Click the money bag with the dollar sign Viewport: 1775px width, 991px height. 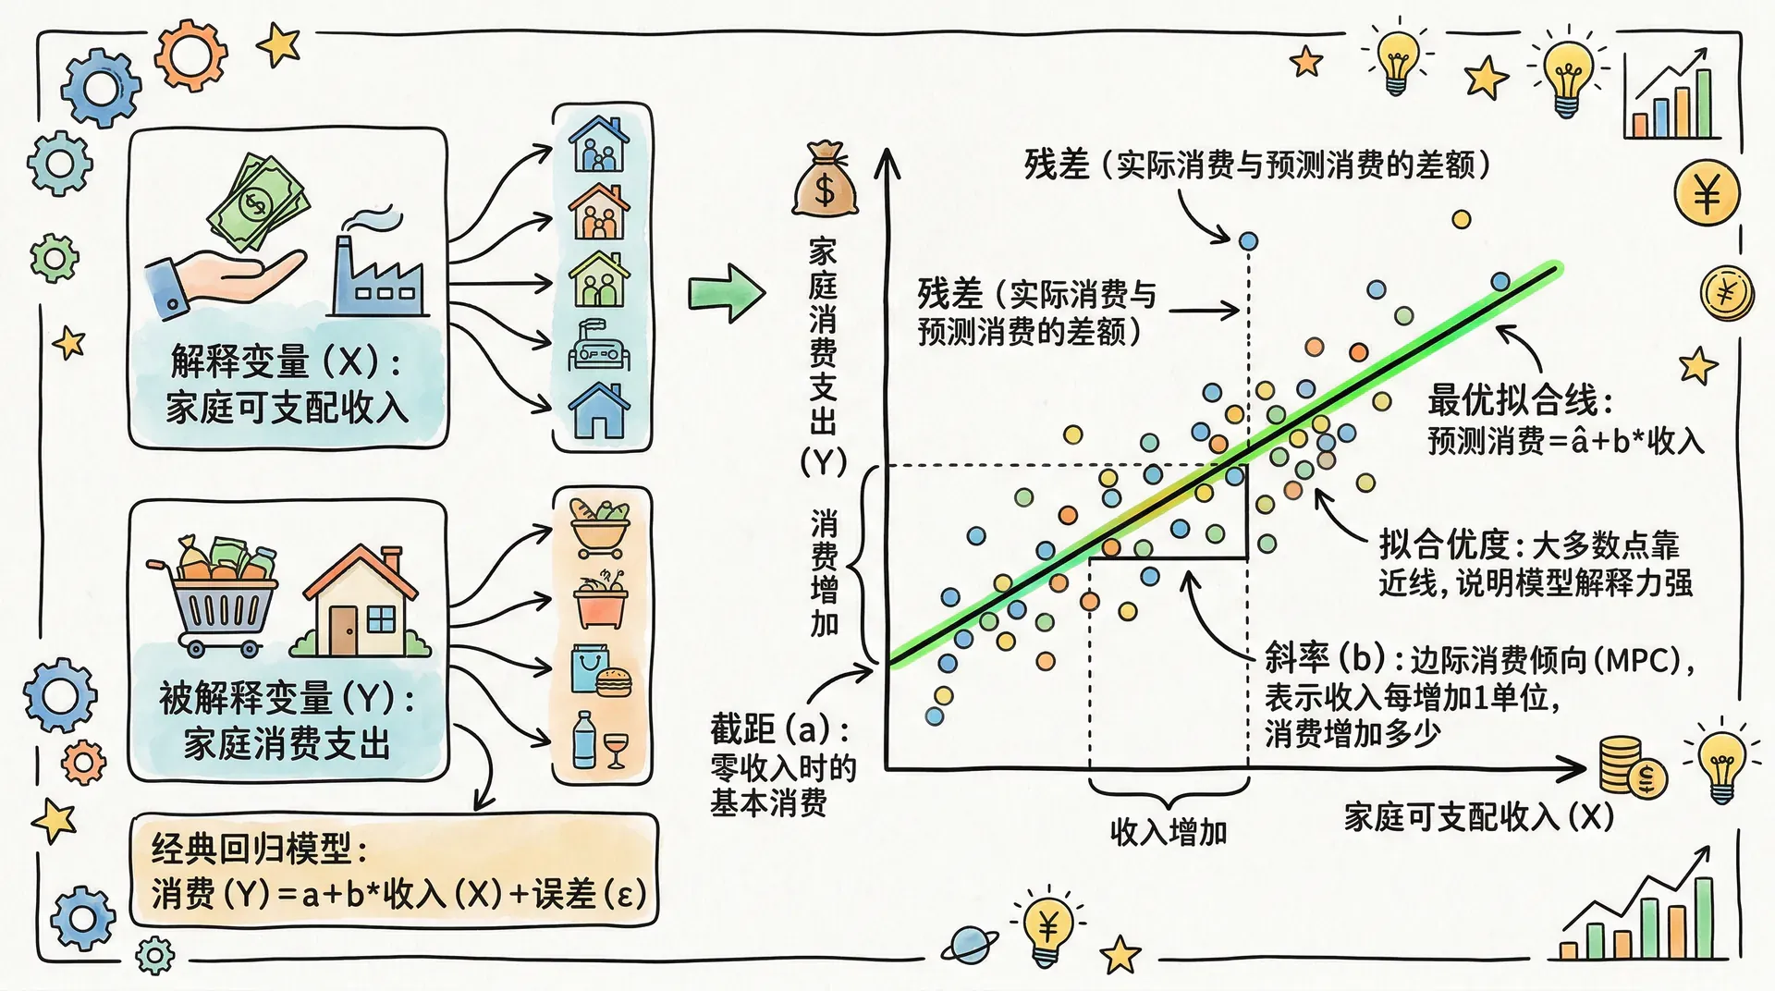[825, 179]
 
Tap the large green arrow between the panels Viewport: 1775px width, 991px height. [727, 293]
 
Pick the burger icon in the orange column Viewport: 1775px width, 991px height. [614, 682]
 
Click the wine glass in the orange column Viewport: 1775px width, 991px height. [616, 750]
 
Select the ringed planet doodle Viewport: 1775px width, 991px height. [969, 945]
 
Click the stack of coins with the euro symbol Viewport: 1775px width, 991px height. [1633, 766]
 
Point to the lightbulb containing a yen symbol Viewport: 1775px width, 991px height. [1048, 925]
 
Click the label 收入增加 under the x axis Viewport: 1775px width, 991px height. [1169, 832]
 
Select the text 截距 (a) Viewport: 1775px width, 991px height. [773, 729]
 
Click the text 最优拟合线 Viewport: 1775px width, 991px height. [1512, 401]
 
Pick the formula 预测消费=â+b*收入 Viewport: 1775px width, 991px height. [1566, 441]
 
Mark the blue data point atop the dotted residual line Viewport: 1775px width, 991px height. [1248, 241]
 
